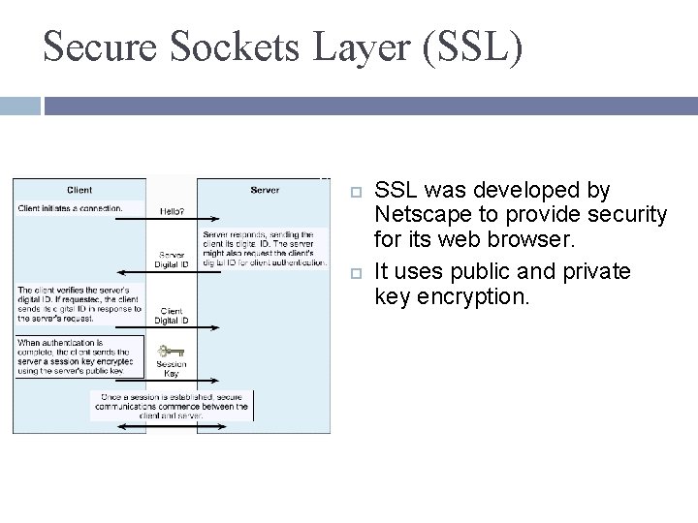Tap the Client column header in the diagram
point(79,190)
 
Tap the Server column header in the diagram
point(265,190)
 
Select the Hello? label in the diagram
point(172,210)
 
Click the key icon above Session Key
point(171,352)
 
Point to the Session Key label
point(171,369)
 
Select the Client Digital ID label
point(172,315)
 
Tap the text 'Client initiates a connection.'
point(70,207)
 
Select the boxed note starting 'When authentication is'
point(78,355)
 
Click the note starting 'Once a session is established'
point(172,406)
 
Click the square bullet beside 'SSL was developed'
point(356,191)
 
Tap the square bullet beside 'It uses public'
point(356,272)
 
